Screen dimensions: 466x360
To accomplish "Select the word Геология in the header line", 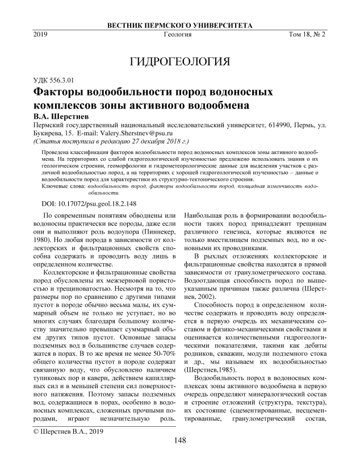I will (177, 35).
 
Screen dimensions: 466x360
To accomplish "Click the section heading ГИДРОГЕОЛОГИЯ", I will (179, 61).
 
